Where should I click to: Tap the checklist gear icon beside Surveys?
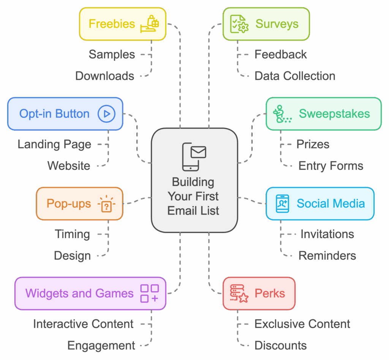tap(239, 24)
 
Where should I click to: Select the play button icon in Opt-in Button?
tap(106, 114)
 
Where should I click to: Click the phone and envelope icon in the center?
tap(194, 157)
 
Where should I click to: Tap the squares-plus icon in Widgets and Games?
tap(149, 293)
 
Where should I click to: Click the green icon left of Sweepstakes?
tap(283, 114)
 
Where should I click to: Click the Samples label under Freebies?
tap(112, 54)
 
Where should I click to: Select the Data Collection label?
tap(295, 76)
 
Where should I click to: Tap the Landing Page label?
tap(54, 144)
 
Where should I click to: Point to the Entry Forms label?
tap(330, 166)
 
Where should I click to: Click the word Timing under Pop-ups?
tap(72, 234)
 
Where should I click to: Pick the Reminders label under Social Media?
tap(327, 255)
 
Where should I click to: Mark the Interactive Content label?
tap(83, 324)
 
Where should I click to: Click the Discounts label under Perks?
tap(280, 346)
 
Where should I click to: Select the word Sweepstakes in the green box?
tap(334, 114)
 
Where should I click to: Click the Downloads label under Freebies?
tap(104, 76)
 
